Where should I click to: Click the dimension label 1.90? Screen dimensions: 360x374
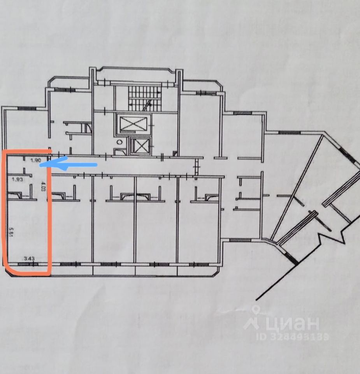click(x=36, y=160)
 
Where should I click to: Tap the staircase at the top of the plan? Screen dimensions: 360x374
click(x=144, y=97)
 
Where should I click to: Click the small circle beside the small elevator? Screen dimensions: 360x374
click(x=120, y=142)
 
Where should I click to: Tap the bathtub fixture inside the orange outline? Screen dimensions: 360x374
click(x=18, y=194)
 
